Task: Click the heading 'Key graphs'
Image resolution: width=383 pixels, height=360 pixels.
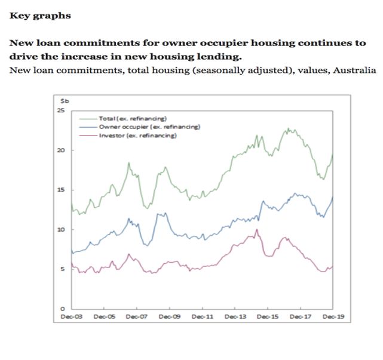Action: pos(40,16)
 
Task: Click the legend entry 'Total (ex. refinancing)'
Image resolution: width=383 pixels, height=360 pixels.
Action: pos(131,118)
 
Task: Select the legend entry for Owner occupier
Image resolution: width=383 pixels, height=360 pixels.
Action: pos(140,127)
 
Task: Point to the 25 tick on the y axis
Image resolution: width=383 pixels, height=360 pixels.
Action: pos(60,111)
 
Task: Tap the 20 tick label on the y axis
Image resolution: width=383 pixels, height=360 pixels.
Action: pos(60,150)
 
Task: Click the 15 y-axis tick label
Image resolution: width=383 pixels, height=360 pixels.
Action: pos(60,190)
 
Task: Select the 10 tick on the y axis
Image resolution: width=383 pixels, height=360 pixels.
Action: pos(60,229)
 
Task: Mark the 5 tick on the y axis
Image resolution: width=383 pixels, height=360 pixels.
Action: pos(62,269)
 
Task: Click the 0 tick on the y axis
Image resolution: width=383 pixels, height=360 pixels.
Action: pos(62,308)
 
